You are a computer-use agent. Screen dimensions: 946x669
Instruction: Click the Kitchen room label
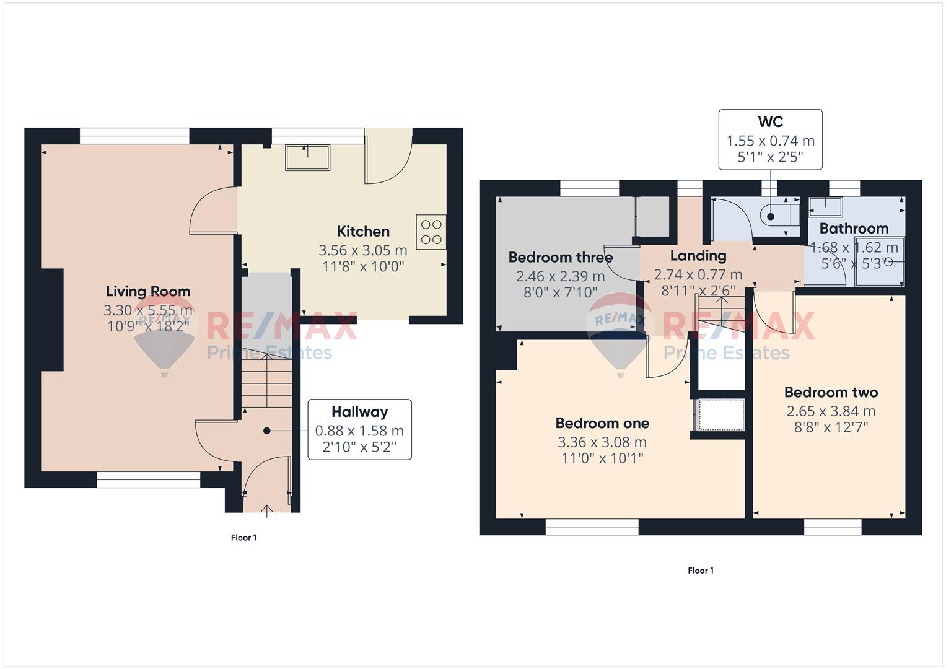[x=363, y=232]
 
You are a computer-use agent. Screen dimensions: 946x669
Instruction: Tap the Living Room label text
[x=148, y=291]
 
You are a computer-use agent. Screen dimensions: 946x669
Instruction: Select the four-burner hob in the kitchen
[x=431, y=232]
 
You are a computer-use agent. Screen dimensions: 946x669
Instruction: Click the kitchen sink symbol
[x=307, y=157]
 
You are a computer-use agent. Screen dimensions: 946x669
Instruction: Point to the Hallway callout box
[x=359, y=429]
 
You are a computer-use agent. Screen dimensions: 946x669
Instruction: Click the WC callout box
[x=770, y=140]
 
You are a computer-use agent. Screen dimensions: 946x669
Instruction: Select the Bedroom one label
[x=602, y=423]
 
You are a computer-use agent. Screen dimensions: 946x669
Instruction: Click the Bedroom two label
[x=831, y=392]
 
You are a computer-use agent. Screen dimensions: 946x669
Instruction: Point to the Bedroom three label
[x=561, y=257]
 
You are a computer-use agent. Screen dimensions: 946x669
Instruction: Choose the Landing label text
[x=698, y=256]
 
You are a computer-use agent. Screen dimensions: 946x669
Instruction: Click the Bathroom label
[x=854, y=229]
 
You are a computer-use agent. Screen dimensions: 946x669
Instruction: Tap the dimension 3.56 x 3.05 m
[x=363, y=250]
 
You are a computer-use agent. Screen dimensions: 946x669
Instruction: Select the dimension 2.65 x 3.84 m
[x=831, y=411]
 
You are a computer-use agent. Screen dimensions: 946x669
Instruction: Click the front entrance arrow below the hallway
[x=267, y=511]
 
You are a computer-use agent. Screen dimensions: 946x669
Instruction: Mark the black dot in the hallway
[x=266, y=431]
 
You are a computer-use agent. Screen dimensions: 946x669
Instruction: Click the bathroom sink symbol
[x=826, y=207]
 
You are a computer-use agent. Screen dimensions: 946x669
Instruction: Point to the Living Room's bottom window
[x=148, y=480]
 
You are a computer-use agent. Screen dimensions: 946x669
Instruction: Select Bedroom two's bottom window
[x=833, y=527]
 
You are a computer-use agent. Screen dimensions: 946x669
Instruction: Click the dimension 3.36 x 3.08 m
[x=602, y=442]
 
